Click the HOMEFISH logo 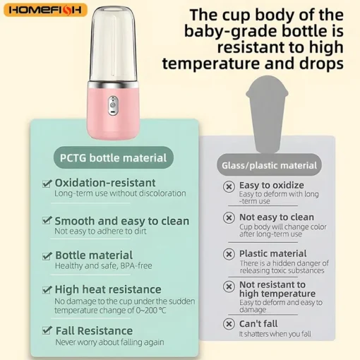point(45,10)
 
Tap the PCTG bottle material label point(113,157)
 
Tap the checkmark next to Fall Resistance point(47,330)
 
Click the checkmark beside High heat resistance point(47,289)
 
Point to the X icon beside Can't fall point(229,324)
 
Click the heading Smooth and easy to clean point(121,221)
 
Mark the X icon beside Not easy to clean point(229,218)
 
